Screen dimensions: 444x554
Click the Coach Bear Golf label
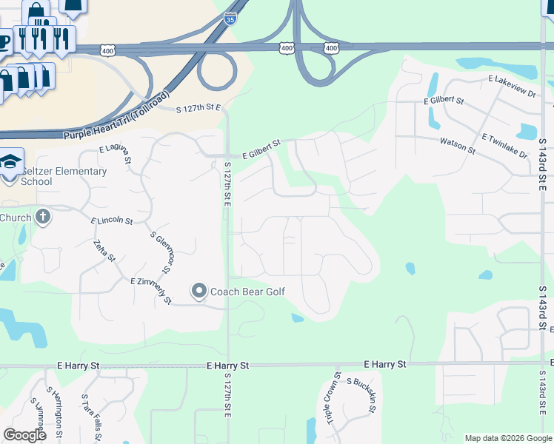point(248,292)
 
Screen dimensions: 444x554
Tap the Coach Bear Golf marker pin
point(198,292)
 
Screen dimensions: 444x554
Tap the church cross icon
point(43,217)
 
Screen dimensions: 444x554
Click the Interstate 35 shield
point(230,20)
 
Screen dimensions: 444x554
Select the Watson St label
point(458,144)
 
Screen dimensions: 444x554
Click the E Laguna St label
point(116,154)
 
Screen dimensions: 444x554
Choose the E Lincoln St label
point(112,221)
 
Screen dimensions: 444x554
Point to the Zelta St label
point(104,250)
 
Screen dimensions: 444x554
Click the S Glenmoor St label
point(165,252)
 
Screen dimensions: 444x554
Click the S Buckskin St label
point(363,393)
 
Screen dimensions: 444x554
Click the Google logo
point(24,435)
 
